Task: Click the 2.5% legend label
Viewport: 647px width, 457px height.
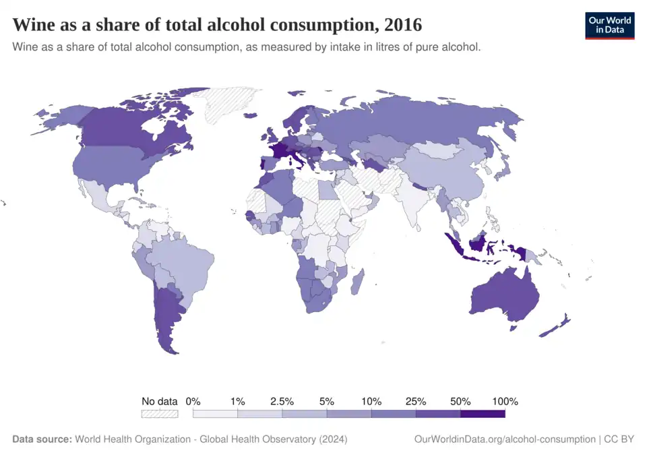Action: [x=282, y=401]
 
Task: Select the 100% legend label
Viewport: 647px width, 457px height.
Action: [x=505, y=401]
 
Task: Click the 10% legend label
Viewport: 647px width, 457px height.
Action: [x=371, y=401]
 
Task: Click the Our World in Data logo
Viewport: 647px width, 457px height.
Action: [x=609, y=25]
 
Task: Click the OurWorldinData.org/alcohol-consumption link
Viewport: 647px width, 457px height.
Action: [x=505, y=439]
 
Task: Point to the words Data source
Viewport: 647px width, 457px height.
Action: [x=42, y=439]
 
